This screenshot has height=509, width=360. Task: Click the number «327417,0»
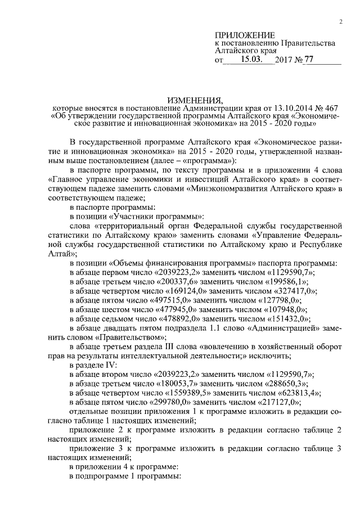[295, 291]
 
